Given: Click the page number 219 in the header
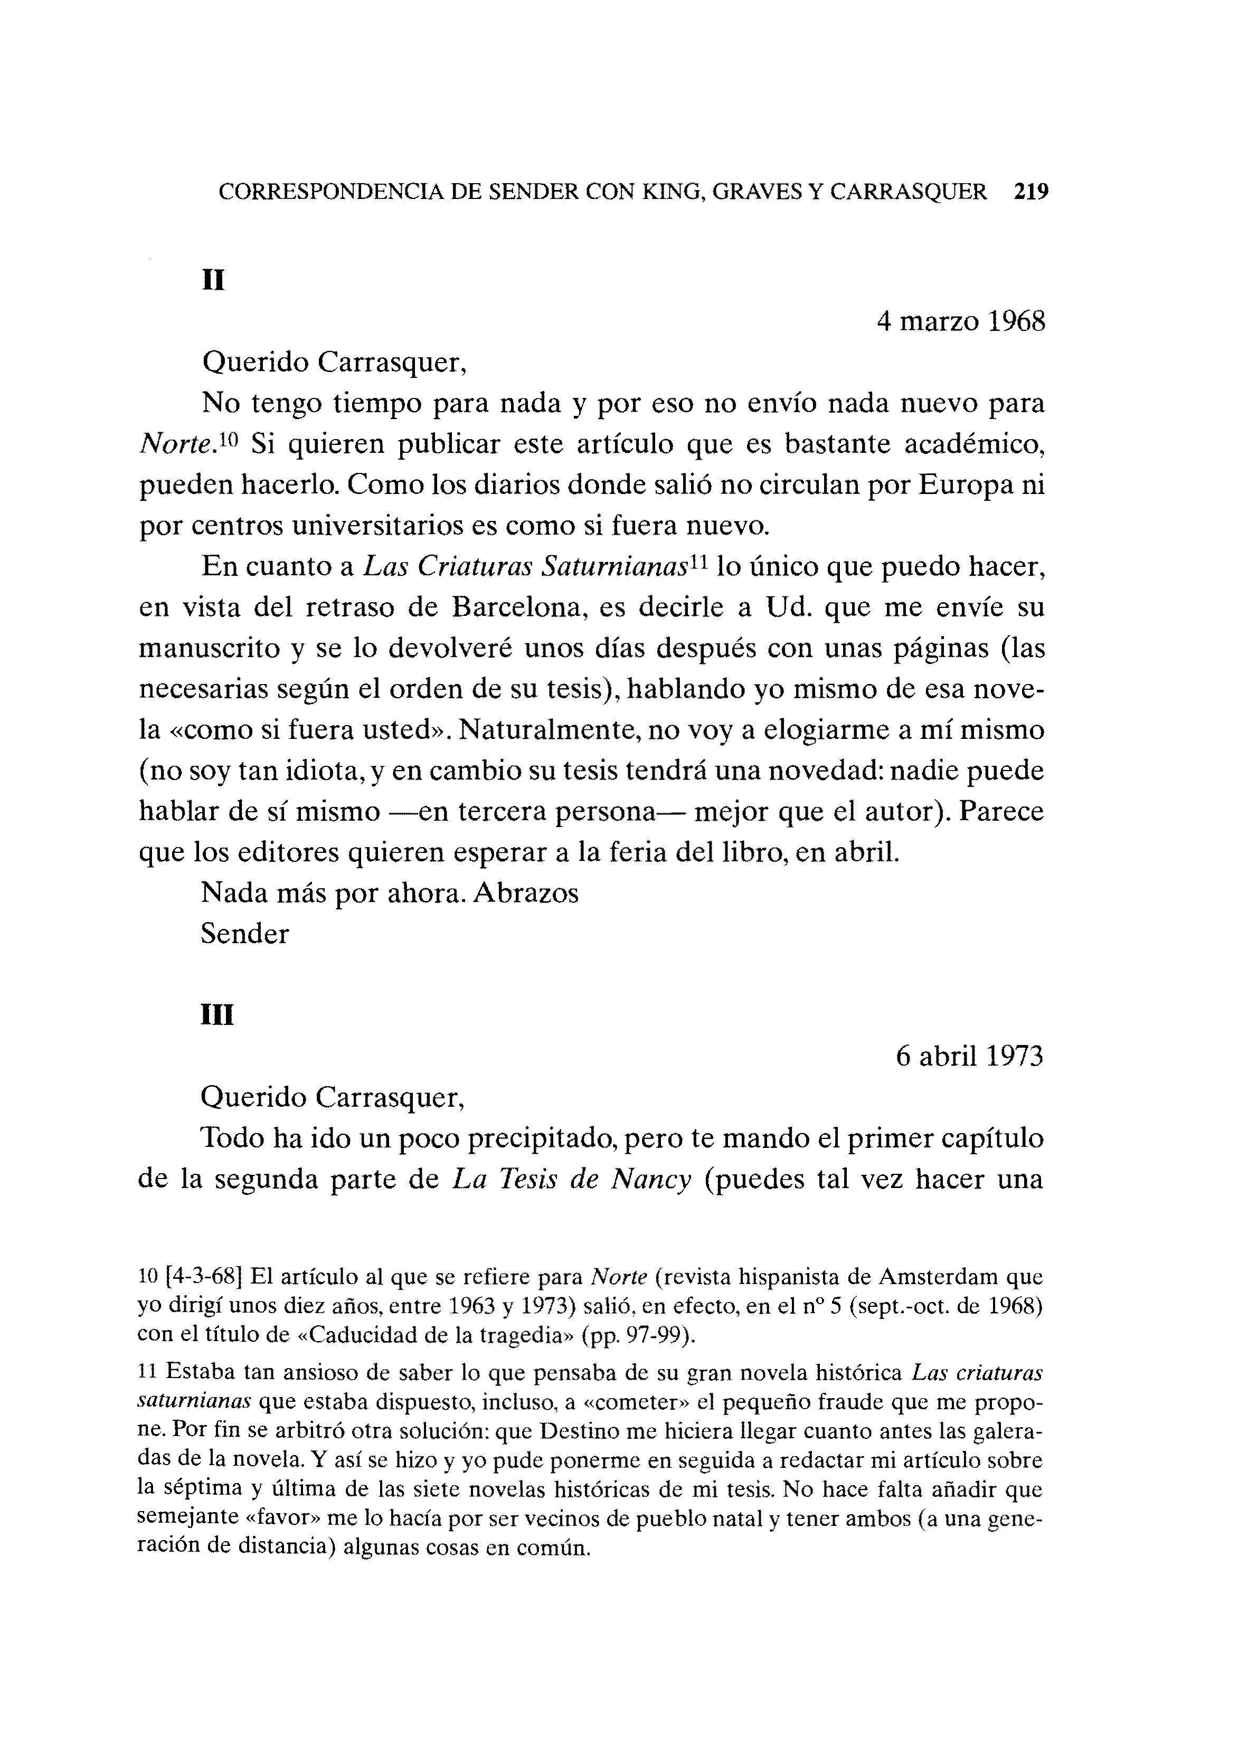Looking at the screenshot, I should [1030, 191].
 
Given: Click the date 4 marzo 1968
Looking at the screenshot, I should [961, 321].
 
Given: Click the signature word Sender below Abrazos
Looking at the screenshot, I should [244, 934].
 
